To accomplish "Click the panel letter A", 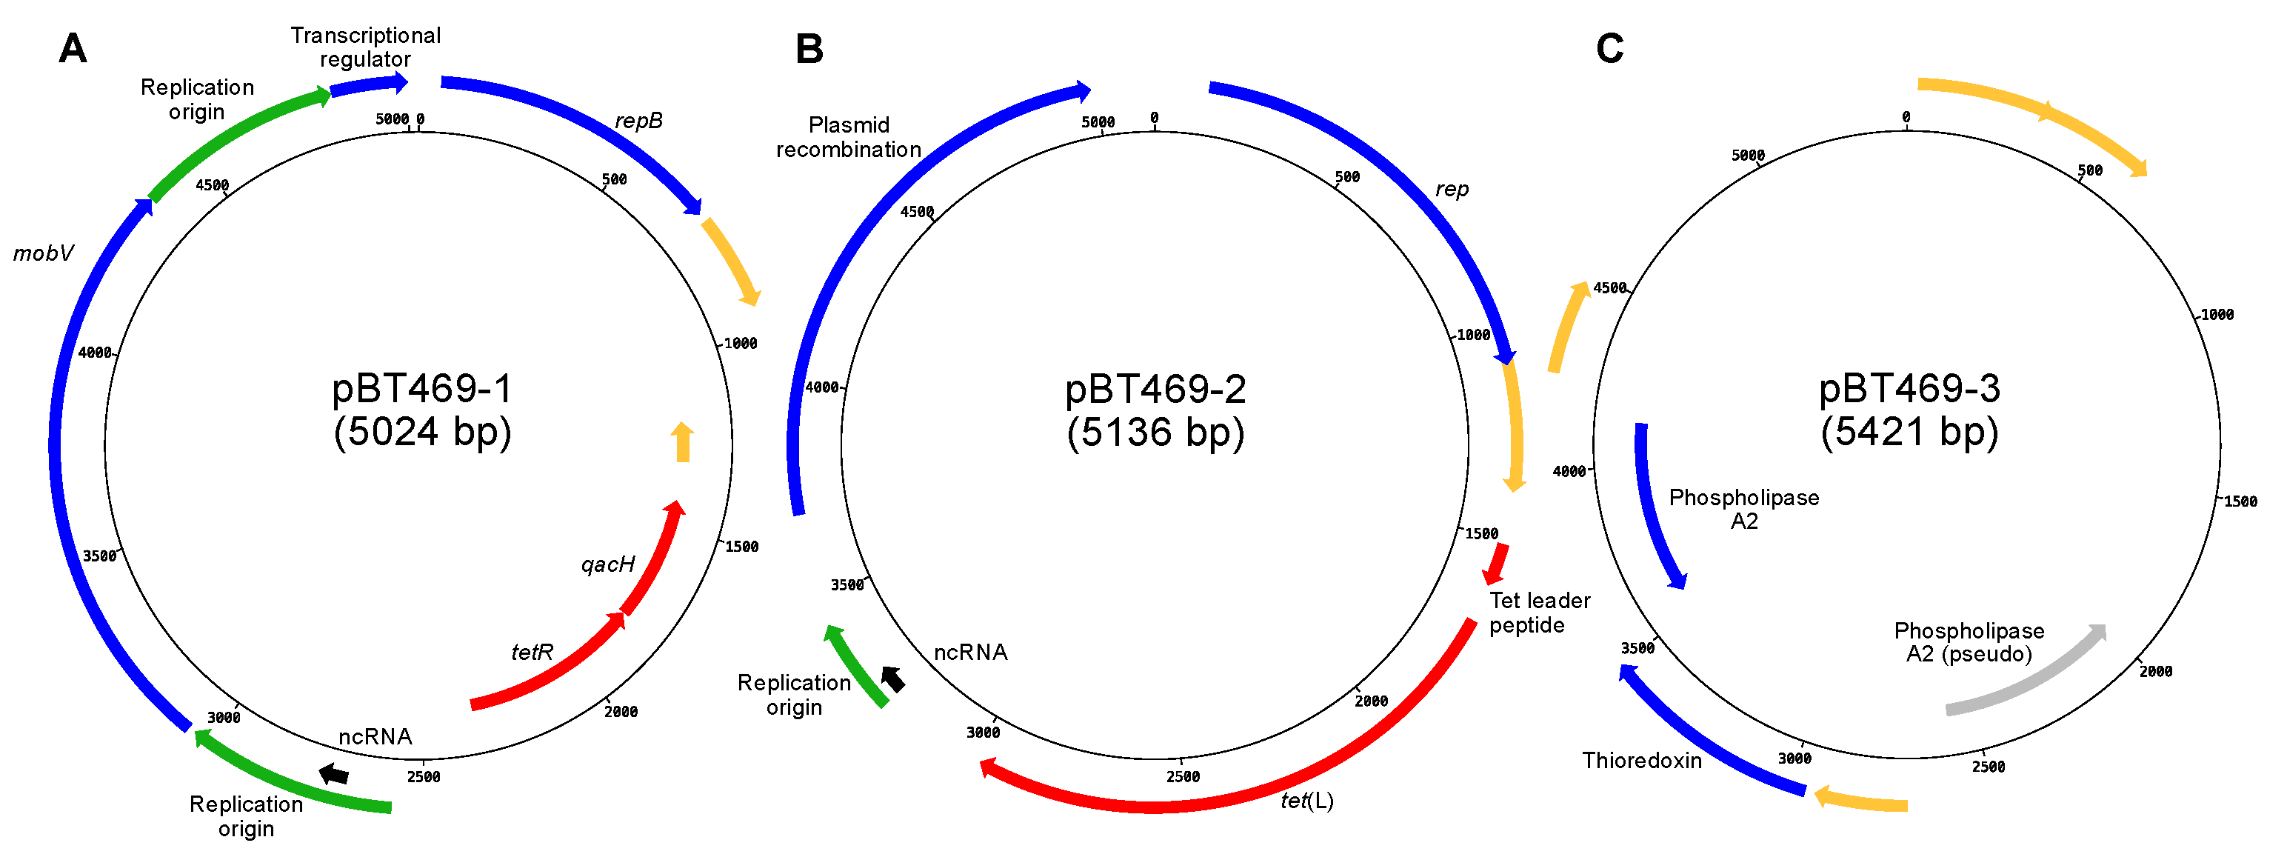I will [73, 49].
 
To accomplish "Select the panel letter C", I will [1609, 49].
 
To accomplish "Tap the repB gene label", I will [638, 121].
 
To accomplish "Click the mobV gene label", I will [43, 254].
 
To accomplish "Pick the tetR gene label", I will [532, 653].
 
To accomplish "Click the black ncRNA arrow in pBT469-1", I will [334, 773].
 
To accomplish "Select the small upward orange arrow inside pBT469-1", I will [682, 442].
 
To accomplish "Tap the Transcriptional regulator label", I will [365, 47].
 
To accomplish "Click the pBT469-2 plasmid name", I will [1155, 389].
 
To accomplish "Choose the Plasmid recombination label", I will [848, 138].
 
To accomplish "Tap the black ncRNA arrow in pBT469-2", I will [893, 679].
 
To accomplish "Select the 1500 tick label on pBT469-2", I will [1482, 534].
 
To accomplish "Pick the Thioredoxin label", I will [1642, 761].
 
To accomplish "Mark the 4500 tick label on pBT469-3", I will [1609, 287].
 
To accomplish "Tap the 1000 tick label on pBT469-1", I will [741, 344].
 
